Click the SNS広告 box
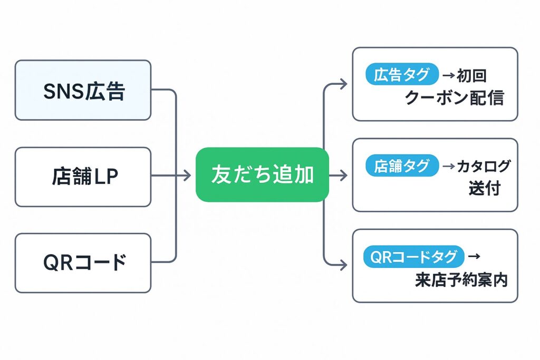[x=83, y=90]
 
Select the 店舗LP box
[x=83, y=177]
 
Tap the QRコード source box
[x=83, y=263]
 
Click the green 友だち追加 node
[x=262, y=174]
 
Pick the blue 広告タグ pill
[x=402, y=74]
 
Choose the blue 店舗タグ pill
[x=402, y=166]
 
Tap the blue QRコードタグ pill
[x=413, y=256]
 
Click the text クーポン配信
[x=455, y=98]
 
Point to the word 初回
[x=471, y=76]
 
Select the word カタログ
[x=484, y=167]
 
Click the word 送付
[x=485, y=188]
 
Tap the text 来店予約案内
[x=461, y=279]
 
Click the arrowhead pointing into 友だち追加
[x=187, y=175]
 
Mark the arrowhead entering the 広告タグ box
[x=343, y=84]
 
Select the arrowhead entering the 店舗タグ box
[x=343, y=175]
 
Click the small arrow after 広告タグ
[x=448, y=75]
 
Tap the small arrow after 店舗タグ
[x=449, y=167]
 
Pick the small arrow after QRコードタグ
[x=474, y=256]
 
